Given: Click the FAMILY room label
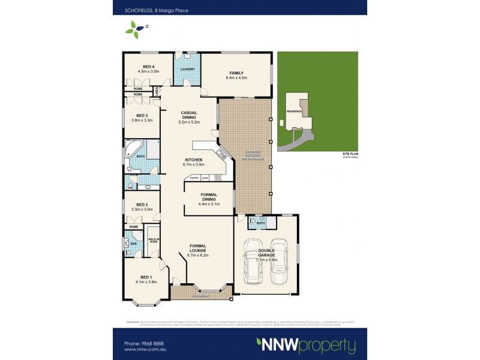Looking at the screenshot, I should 235,73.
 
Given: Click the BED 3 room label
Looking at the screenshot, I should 142,115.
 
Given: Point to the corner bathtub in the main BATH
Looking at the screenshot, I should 133,148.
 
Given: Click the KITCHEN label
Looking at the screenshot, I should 194,159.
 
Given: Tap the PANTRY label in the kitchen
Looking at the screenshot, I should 194,178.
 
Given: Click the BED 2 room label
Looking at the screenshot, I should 142,204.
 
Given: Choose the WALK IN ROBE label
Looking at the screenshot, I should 153,239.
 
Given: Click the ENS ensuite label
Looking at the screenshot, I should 133,244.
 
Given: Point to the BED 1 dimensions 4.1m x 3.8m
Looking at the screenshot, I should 146,282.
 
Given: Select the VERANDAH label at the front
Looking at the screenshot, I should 201,296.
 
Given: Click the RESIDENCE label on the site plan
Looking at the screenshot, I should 293,112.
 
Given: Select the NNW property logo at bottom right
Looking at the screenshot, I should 306,346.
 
